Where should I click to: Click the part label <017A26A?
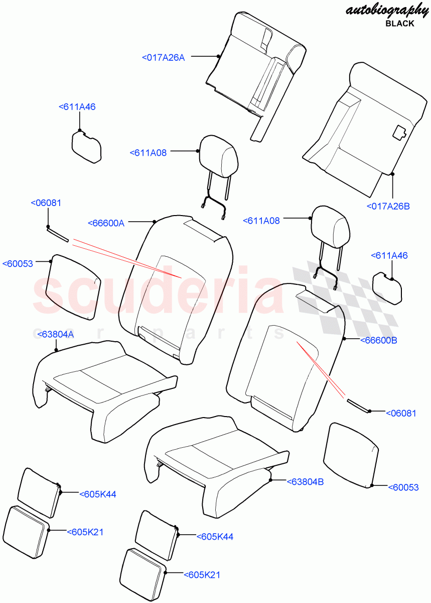click(x=164, y=58)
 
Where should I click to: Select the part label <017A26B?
click(x=388, y=206)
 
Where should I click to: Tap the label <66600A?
click(x=106, y=223)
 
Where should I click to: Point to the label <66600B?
click(x=379, y=340)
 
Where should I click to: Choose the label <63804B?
click(x=305, y=481)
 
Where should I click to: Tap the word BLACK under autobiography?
click(x=400, y=23)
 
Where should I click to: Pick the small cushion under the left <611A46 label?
click(x=86, y=148)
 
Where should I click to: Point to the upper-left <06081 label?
click(x=46, y=203)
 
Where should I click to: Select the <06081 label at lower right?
click(x=401, y=413)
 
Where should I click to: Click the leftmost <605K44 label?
click(x=98, y=494)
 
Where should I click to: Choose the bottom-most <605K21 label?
click(x=202, y=575)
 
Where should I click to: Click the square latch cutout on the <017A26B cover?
click(x=399, y=132)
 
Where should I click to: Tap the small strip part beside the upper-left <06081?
click(x=57, y=235)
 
